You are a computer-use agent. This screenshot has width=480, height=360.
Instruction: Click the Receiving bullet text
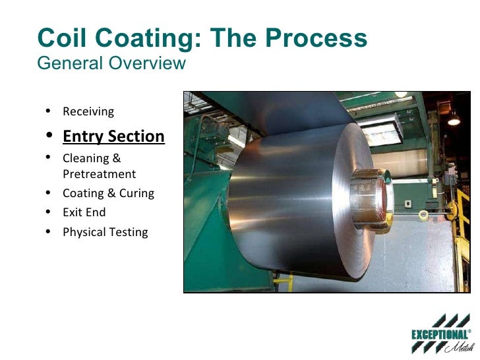click(x=88, y=111)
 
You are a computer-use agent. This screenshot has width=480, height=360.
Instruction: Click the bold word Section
click(x=137, y=136)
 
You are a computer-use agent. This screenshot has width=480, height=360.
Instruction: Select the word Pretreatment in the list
click(x=99, y=174)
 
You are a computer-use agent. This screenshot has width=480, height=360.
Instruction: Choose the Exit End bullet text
click(x=84, y=212)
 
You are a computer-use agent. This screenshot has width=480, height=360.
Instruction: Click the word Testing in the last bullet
click(x=129, y=232)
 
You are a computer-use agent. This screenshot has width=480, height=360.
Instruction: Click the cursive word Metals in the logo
click(x=452, y=348)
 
